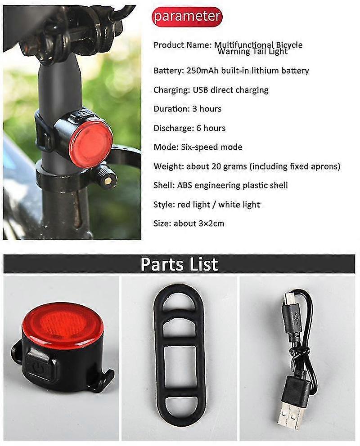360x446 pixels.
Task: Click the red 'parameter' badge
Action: click(187, 17)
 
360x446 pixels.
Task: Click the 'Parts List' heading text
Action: click(179, 264)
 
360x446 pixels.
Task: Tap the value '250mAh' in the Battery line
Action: click(195, 71)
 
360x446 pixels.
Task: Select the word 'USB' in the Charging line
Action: click(201, 90)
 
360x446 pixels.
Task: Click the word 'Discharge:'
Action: click(173, 128)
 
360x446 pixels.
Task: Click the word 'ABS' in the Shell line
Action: click(184, 185)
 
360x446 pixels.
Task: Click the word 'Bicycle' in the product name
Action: click(288, 45)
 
